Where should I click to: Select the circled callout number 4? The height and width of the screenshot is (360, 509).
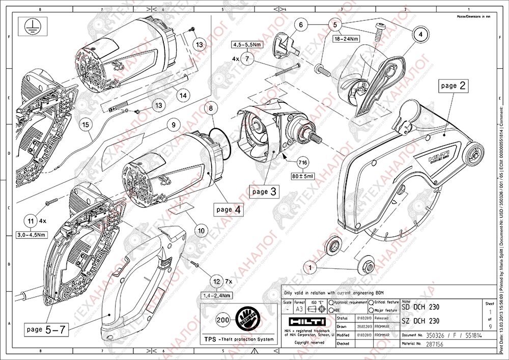click(x=420, y=34)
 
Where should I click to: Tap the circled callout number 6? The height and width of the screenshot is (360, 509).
click(x=300, y=24)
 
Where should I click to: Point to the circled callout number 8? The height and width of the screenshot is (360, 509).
click(x=211, y=108)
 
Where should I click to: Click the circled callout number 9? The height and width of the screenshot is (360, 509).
click(x=173, y=124)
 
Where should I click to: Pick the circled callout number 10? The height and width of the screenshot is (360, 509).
click(x=201, y=231)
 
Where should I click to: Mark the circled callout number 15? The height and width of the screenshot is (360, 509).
click(x=87, y=125)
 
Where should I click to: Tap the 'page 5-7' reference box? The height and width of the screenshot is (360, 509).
click(x=45, y=329)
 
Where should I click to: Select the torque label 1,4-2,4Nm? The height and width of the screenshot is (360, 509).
click(x=216, y=295)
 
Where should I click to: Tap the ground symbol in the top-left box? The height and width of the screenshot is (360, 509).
click(x=30, y=26)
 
